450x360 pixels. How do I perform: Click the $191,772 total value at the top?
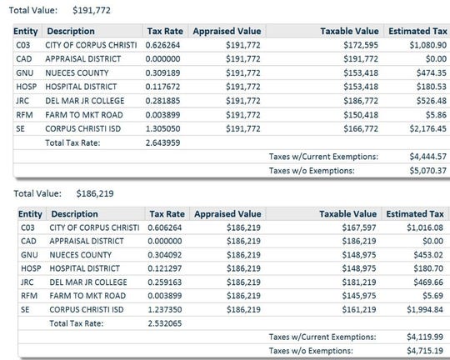click(92, 9)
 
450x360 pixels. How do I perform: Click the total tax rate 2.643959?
click(163, 142)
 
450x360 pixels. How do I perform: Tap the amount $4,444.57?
click(427, 156)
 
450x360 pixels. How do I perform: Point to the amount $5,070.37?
click(427, 170)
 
